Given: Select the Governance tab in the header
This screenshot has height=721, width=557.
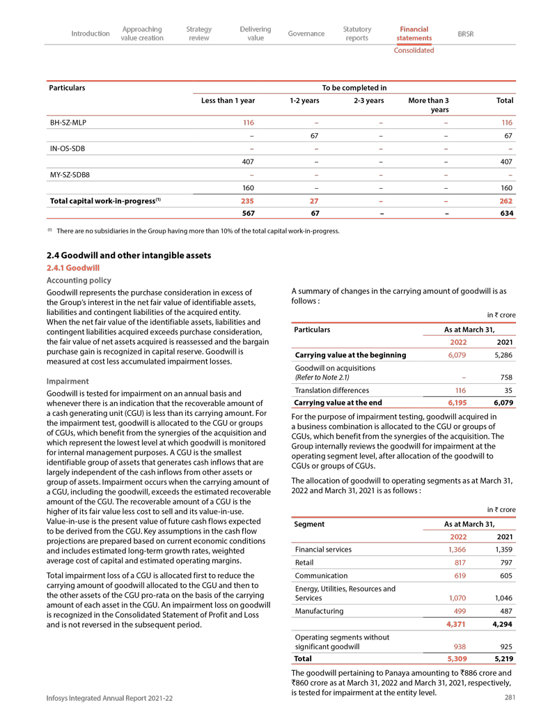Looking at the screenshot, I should [x=306, y=33].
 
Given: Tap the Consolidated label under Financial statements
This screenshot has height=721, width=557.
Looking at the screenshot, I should [x=414, y=50].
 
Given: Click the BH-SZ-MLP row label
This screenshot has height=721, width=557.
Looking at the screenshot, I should [x=68, y=122].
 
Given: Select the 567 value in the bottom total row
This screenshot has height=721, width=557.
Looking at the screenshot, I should [x=247, y=213].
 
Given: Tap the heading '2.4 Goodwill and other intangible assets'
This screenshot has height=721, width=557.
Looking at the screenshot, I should [x=128, y=256].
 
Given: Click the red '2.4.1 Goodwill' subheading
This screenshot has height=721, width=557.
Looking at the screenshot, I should [x=73, y=268].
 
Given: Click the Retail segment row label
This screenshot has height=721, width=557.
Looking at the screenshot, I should [x=305, y=562].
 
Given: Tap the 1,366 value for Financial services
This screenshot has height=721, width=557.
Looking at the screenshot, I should [x=455, y=549].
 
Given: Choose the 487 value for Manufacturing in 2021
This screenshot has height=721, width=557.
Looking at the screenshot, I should [x=506, y=611].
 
